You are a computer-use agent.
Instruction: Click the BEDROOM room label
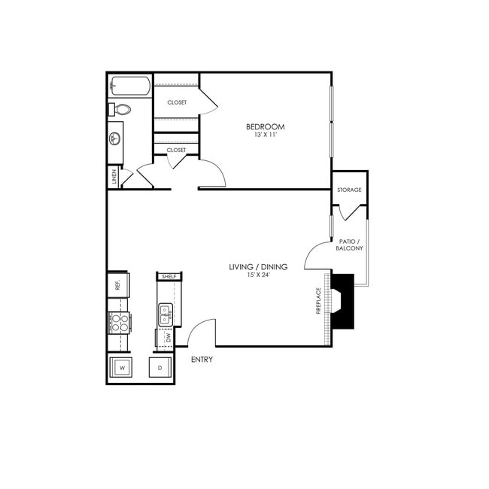(x=266, y=126)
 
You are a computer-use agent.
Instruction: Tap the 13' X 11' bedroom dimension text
(x=266, y=135)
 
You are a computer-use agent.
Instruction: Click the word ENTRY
(x=202, y=360)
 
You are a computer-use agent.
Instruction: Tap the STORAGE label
(x=349, y=190)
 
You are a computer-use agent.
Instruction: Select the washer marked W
(x=121, y=368)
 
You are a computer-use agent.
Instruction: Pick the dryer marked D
(x=160, y=368)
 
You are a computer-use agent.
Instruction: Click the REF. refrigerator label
(x=118, y=285)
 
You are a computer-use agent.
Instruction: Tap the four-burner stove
(x=119, y=322)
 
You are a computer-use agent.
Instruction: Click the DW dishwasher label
(x=168, y=338)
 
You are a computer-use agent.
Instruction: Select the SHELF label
(x=169, y=277)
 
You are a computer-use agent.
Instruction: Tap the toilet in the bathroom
(x=120, y=110)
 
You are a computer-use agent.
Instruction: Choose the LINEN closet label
(x=114, y=178)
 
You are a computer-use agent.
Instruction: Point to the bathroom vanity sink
(x=115, y=138)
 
